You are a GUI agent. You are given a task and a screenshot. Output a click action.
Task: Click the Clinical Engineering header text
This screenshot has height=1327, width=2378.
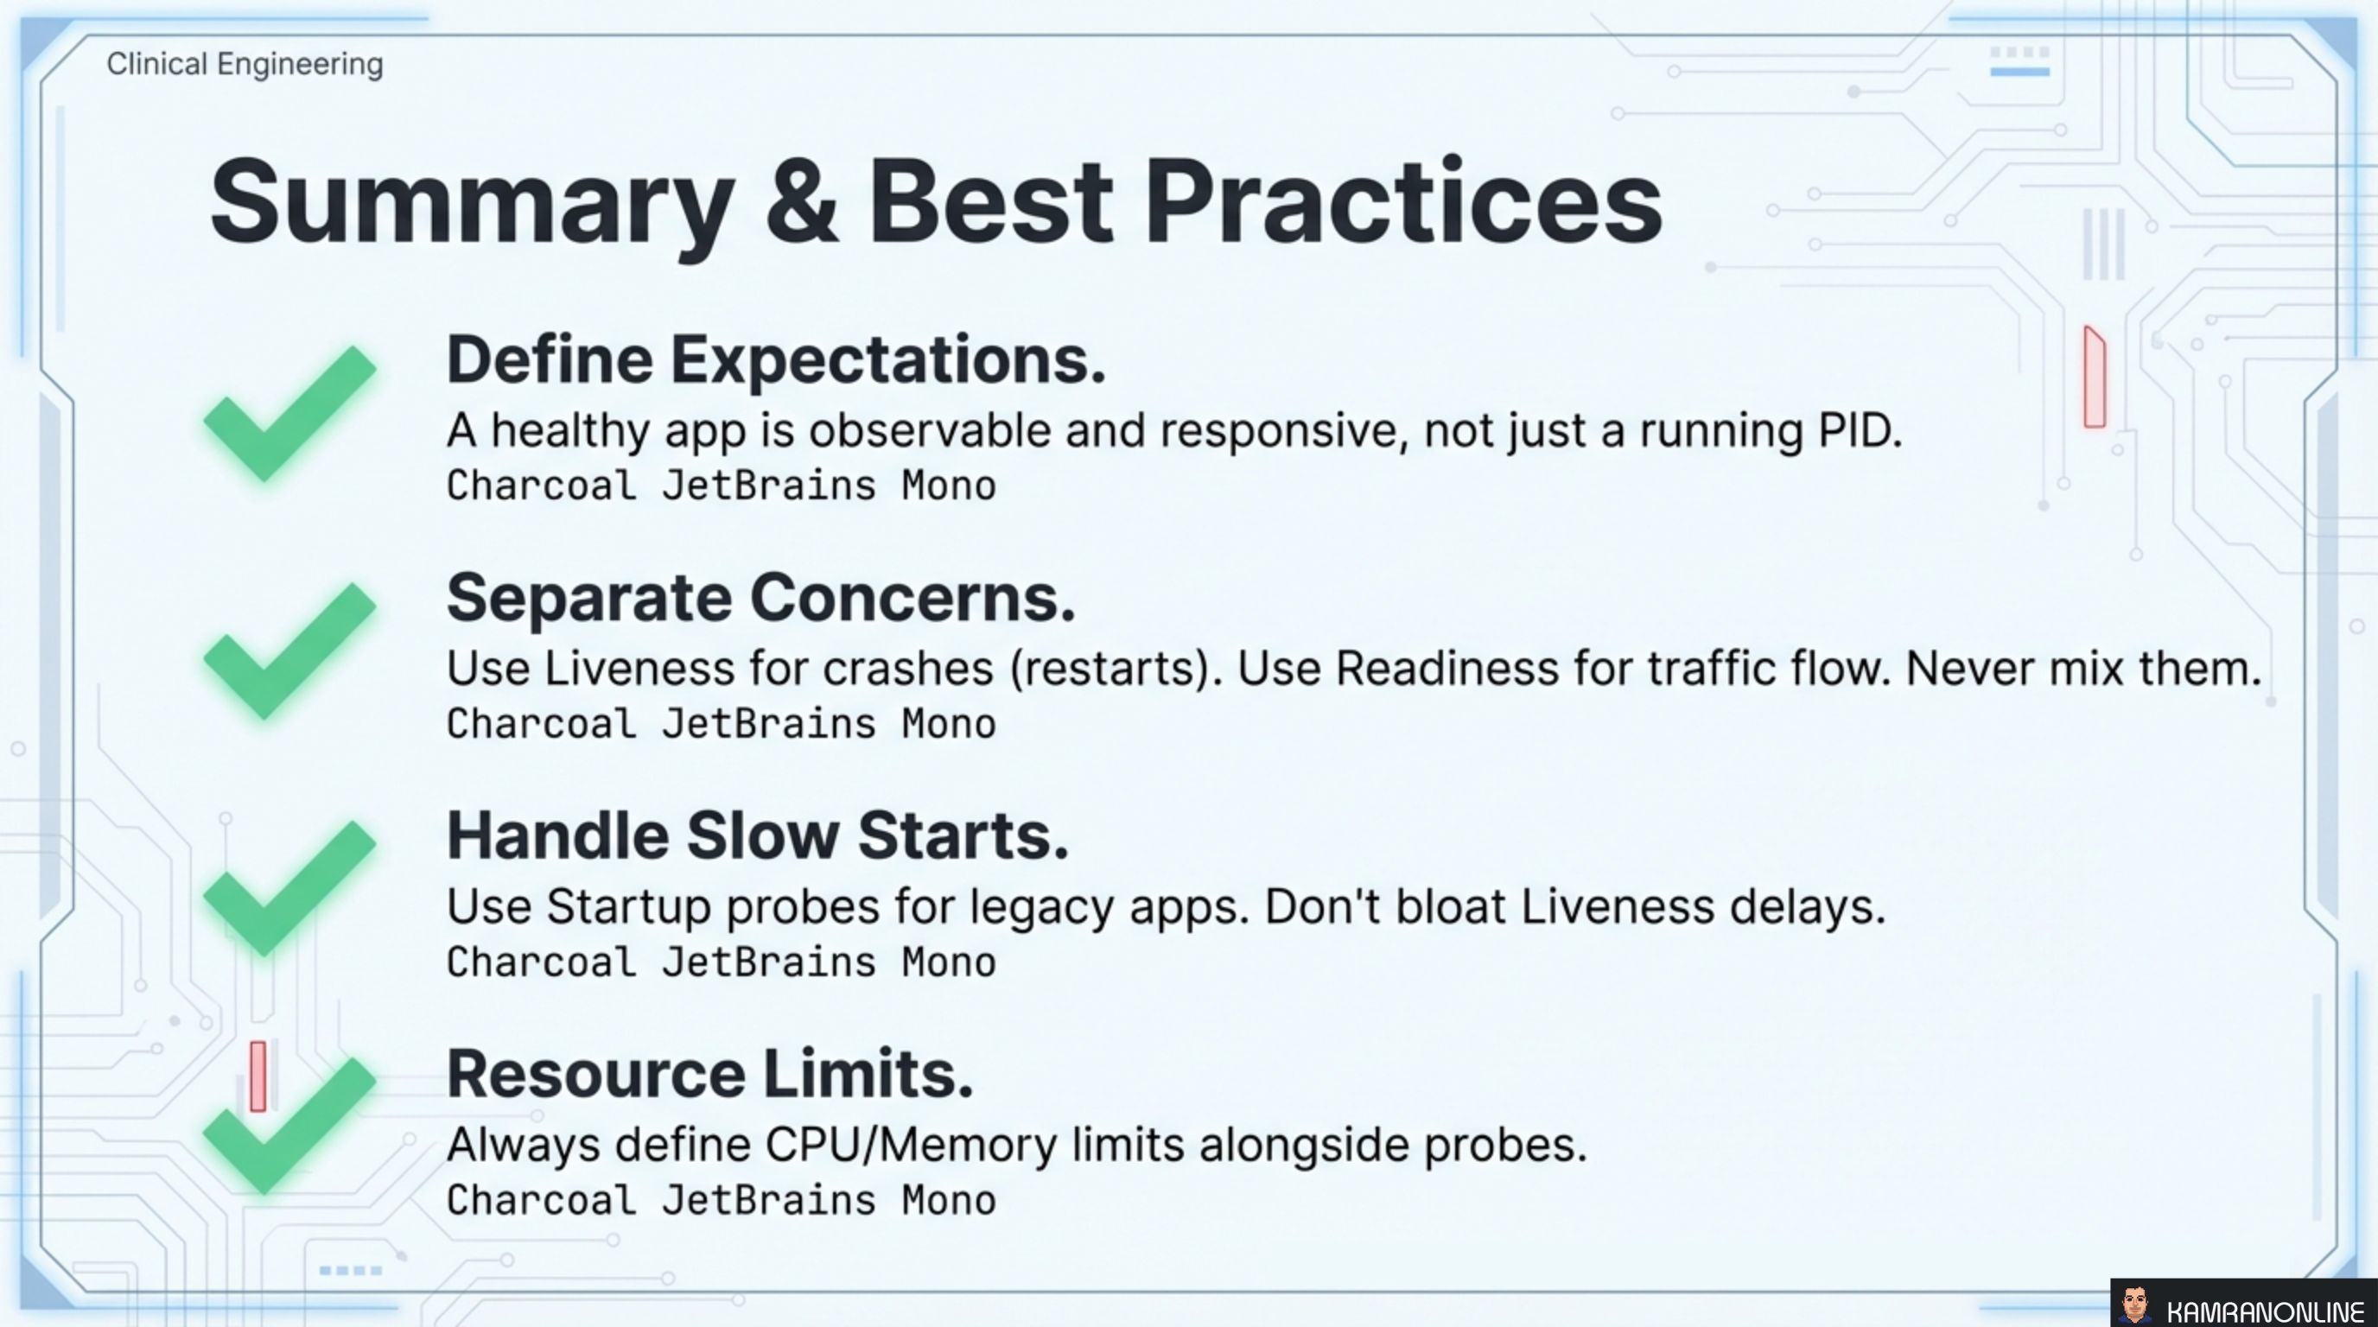click(x=245, y=65)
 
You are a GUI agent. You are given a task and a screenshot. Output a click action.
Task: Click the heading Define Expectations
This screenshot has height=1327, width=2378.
click(x=775, y=360)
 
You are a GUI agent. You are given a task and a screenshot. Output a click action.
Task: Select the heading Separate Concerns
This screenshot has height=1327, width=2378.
click(x=760, y=598)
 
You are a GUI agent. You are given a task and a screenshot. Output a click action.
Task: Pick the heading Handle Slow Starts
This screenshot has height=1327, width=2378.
click(x=757, y=836)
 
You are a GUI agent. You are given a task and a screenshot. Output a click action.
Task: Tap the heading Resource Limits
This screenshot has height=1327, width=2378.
click(x=709, y=1074)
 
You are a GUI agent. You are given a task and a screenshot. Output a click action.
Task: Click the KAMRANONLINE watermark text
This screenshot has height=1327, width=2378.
click(x=2264, y=1311)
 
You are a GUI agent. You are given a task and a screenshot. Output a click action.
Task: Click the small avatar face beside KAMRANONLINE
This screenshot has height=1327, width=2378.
click(x=2133, y=1305)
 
